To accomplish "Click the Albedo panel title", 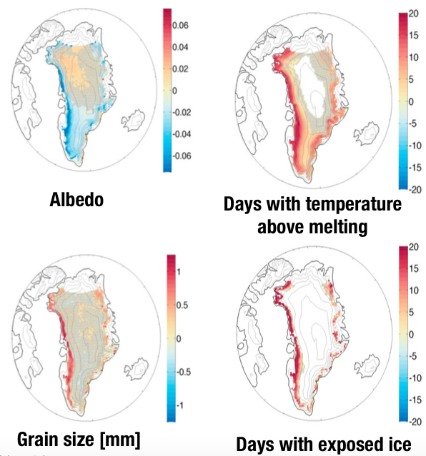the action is [76, 200].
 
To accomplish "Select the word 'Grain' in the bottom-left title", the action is [35, 439].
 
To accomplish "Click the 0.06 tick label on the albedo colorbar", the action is [180, 26].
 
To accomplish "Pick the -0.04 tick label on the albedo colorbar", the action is [182, 134].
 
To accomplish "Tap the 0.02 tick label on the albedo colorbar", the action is [180, 69].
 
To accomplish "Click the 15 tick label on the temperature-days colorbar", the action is [414, 36].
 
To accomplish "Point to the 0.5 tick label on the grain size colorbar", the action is [183, 305].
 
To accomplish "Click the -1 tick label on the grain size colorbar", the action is [180, 405].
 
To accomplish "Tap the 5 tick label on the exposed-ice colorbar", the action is [411, 313].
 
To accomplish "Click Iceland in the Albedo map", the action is [133, 119].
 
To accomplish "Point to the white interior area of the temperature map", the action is [311, 87].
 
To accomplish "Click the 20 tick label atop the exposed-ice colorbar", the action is [414, 247].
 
